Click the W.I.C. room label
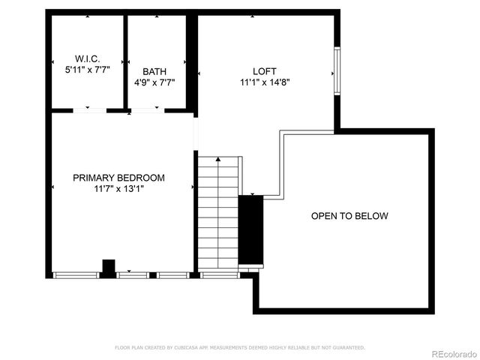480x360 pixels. click(87, 58)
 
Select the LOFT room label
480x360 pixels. click(265, 71)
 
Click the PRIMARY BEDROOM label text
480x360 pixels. click(118, 178)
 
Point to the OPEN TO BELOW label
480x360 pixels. click(349, 216)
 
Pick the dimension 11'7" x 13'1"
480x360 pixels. click(118, 189)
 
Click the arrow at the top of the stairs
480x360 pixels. click(218, 160)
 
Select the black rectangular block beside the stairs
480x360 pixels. click(251, 231)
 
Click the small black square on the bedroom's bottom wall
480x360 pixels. click(108, 267)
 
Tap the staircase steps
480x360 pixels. click(218, 214)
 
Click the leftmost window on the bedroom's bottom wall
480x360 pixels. click(76, 275)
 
